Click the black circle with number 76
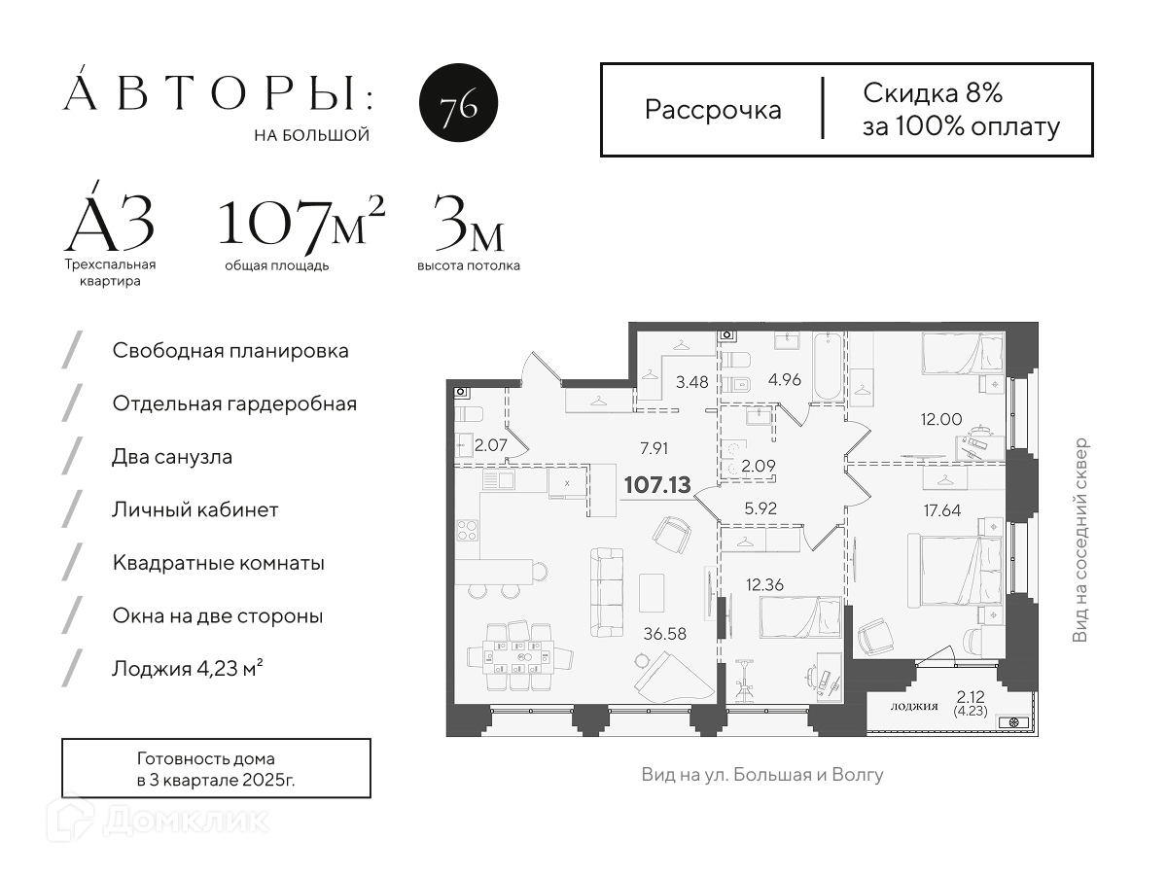pyautogui.click(x=458, y=102)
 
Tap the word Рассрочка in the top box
pyautogui.click(x=713, y=111)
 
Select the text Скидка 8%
pyautogui.click(x=933, y=93)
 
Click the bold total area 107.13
pyautogui.click(x=657, y=484)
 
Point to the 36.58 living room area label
pyautogui.click(x=664, y=634)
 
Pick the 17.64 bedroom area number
pyautogui.click(x=942, y=510)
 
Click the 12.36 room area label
pyautogui.click(x=764, y=585)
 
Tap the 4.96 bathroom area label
pyautogui.click(x=784, y=380)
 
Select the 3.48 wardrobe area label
pyautogui.click(x=691, y=382)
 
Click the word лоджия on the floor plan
pyautogui.click(x=914, y=706)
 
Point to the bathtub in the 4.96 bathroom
pyautogui.click(x=829, y=367)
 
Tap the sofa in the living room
pyautogui.click(x=607, y=592)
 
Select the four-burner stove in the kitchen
pyautogui.click(x=468, y=530)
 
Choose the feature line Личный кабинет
pyautogui.click(x=195, y=510)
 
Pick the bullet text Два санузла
pyautogui.click(x=172, y=457)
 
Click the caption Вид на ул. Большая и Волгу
pyautogui.click(x=762, y=775)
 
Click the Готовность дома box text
pyautogui.click(x=216, y=769)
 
